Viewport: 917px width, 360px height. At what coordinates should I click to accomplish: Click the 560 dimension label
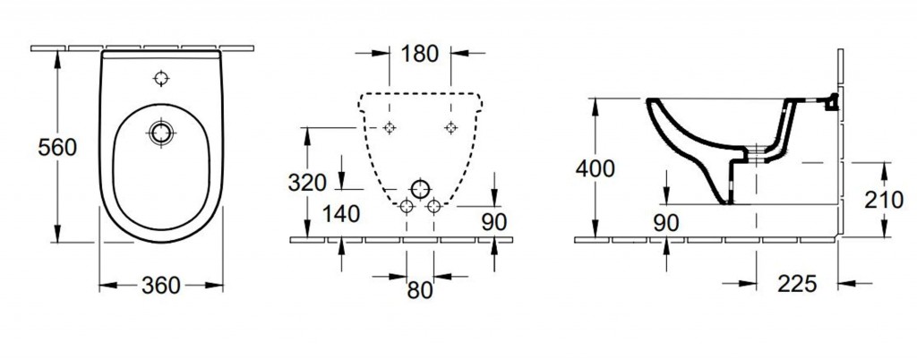click(x=57, y=147)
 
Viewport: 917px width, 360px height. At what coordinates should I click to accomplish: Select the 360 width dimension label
click(x=161, y=285)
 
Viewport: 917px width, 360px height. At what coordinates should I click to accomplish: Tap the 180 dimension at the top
click(x=420, y=54)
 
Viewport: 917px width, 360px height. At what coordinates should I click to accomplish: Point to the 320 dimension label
click(x=307, y=183)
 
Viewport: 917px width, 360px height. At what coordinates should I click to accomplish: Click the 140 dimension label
click(x=341, y=215)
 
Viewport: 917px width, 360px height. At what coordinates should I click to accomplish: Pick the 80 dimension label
click(x=420, y=290)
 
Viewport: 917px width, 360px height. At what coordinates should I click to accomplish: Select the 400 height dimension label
click(x=596, y=169)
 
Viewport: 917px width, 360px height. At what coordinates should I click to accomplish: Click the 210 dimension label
click(x=884, y=201)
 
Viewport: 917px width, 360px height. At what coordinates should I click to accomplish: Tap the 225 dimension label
click(x=797, y=284)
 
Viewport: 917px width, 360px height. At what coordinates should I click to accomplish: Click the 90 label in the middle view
click(x=494, y=221)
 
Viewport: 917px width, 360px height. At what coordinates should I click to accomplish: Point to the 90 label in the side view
click(x=666, y=223)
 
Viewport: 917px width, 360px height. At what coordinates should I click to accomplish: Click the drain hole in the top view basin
click(x=160, y=133)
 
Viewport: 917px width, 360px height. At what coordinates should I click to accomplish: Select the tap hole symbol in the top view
click(x=161, y=78)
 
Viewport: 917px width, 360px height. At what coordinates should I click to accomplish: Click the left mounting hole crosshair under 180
click(x=390, y=127)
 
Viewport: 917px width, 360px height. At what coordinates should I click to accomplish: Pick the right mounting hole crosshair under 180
click(x=451, y=127)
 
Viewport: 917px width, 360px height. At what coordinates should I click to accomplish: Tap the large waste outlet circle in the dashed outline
click(x=420, y=189)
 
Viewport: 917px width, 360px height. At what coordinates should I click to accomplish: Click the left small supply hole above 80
click(x=406, y=206)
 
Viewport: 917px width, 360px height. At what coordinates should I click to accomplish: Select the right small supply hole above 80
click(x=434, y=206)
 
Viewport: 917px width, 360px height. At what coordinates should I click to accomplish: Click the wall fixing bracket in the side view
click(x=830, y=102)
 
